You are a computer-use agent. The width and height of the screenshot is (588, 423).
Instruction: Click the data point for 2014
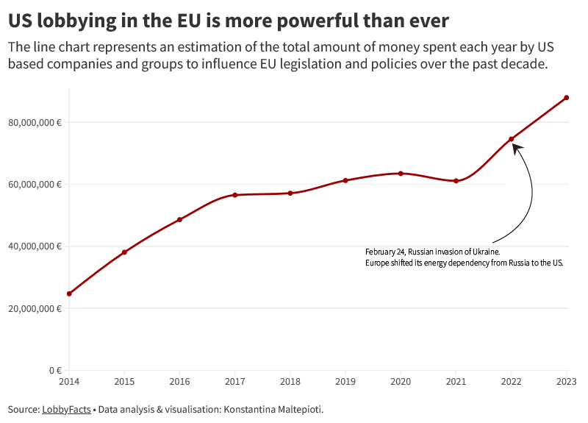pyautogui.click(x=69, y=294)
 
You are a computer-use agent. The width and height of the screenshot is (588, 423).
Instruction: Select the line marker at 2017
pyautogui.click(x=235, y=195)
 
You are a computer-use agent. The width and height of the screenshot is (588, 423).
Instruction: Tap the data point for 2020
pyautogui.click(x=401, y=174)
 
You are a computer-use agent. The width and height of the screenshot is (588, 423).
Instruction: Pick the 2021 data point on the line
pyautogui.click(x=456, y=181)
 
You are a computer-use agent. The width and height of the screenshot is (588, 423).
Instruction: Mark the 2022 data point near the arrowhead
pyautogui.click(x=511, y=139)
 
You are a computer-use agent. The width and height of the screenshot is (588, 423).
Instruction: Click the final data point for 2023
pyautogui.click(x=567, y=97)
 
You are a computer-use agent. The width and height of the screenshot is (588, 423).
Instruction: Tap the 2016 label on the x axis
pyautogui.click(x=179, y=381)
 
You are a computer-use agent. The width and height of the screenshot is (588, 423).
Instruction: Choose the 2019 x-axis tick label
pyautogui.click(x=345, y=381)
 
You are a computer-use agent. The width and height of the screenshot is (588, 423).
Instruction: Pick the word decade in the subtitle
pyautogui.click(x=523, y=64)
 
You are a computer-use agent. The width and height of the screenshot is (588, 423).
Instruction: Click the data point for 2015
pyautogui.click(x=124, y=252)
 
